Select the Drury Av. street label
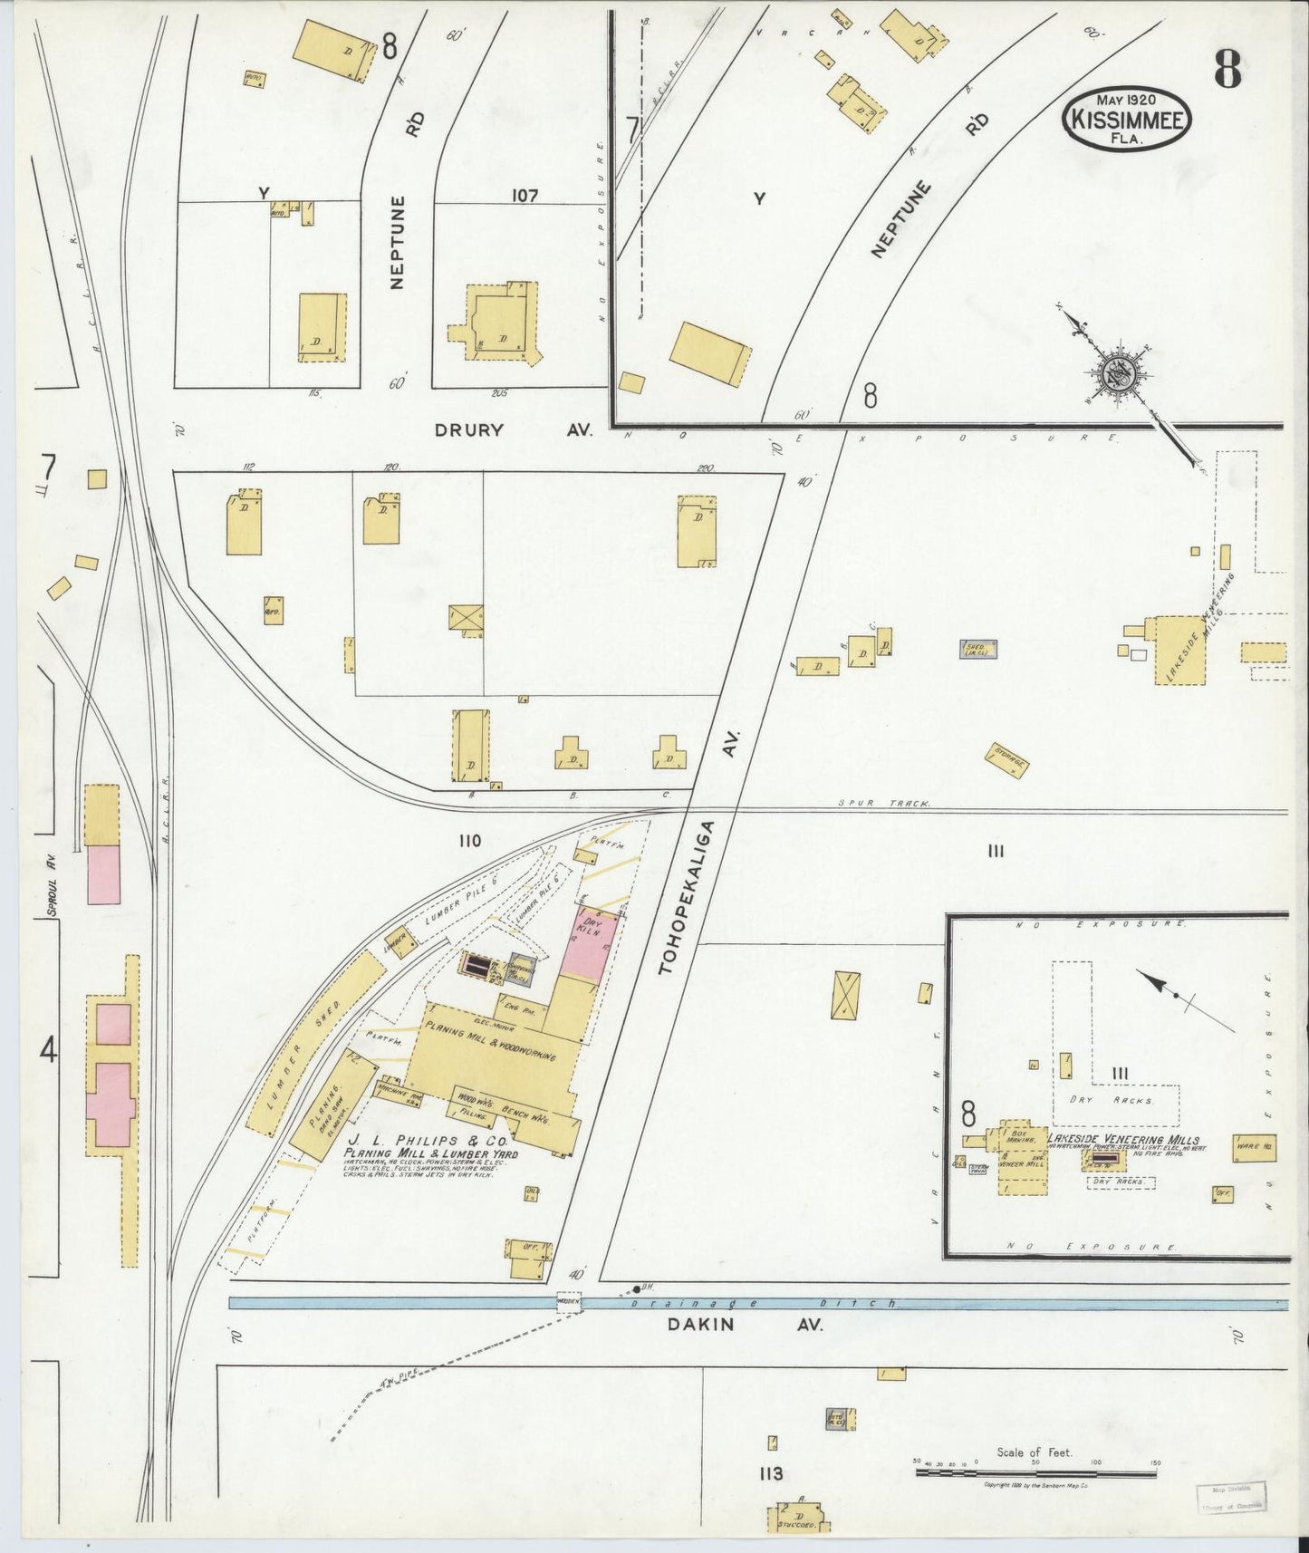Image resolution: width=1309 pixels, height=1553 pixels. [513, 429]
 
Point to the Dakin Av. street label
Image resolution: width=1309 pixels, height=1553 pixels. [745, 1324]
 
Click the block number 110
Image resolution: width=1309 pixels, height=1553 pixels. [469, 841]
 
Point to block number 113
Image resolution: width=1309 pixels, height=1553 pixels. [771, 1474]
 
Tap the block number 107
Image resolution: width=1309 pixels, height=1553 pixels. [525, 196]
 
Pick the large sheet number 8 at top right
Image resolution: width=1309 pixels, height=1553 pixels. [1227, 67]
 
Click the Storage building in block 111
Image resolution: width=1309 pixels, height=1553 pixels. [1006, 760]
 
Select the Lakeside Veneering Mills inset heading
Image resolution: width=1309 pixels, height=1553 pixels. [1123, 1140]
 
